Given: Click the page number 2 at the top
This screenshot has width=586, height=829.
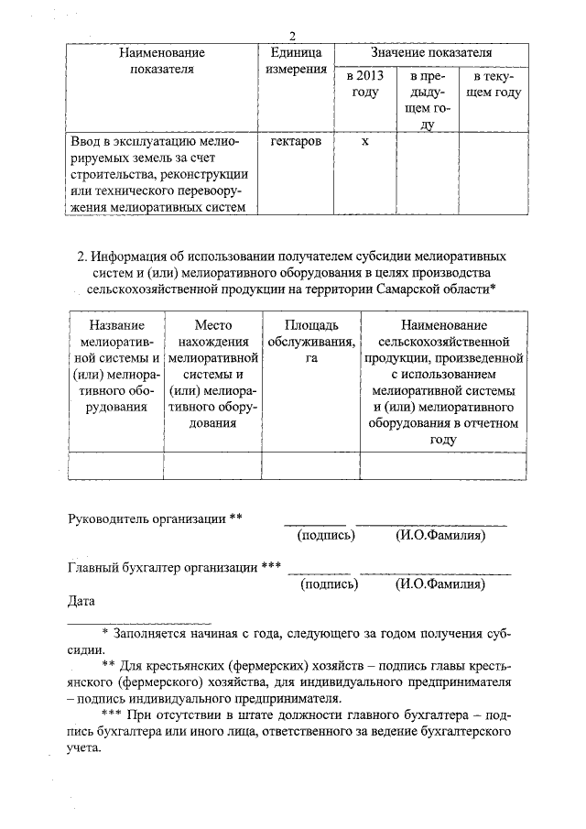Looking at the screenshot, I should [x=292, y=37].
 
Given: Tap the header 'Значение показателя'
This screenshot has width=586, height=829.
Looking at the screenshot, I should [x=430, y=54].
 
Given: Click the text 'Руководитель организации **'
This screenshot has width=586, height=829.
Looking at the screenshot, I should [x=156, y=519].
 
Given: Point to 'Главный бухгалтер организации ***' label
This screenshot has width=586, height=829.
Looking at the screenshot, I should [x=174, y=567].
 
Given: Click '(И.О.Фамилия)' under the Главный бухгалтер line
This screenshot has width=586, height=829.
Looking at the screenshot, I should [x=439, y=583].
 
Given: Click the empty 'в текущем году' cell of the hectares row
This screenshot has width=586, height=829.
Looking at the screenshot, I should [x=492, y=174].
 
